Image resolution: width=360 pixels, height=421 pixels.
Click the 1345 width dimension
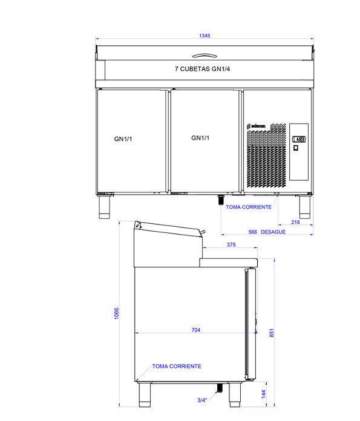pos(205,36)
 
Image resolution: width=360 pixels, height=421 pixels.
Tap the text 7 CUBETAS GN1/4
pos(202,69)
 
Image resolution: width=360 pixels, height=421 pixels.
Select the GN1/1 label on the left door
pos(123,139)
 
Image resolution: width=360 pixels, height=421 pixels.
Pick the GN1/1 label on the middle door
pos(200,138)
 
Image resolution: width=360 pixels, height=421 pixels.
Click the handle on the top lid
pos(205,56)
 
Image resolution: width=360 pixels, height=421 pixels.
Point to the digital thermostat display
pos(299,139)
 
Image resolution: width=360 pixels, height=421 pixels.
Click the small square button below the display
pos(296,148)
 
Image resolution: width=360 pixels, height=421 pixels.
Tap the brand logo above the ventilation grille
pos(257,126)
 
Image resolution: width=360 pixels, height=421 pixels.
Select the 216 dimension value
pos(295,222)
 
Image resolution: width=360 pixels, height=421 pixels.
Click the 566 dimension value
pos(252,232)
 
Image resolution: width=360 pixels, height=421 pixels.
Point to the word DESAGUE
pos(273,232)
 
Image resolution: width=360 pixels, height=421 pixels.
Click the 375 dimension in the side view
pos(231,244)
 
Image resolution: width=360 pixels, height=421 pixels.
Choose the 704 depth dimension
pos(196,330)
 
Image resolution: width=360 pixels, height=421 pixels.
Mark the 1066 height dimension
pos(116,313)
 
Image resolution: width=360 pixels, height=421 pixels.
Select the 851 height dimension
pos(272,333)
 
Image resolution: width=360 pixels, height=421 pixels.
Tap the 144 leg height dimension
pos(264,394)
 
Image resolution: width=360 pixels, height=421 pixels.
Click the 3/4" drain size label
pos(202,400)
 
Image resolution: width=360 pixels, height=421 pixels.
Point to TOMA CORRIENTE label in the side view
pos(177,366)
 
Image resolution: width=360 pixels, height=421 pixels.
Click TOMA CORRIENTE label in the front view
pos(249,207)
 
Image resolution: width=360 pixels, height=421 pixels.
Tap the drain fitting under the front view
pos(221,200)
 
